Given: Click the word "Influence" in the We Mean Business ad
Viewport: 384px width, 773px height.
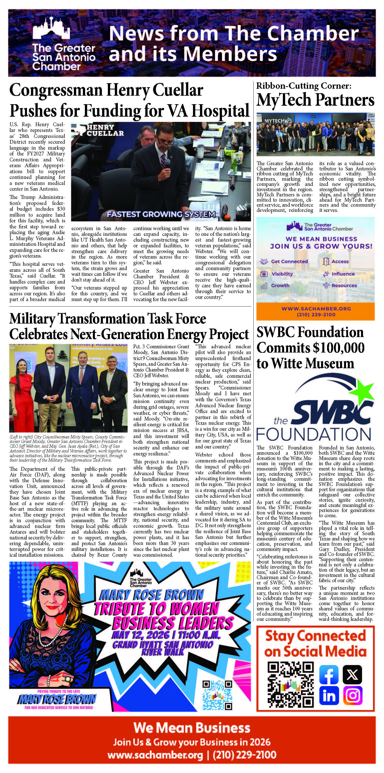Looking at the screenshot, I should [343, 274].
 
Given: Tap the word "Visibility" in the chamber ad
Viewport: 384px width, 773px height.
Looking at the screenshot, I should [282, 274].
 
